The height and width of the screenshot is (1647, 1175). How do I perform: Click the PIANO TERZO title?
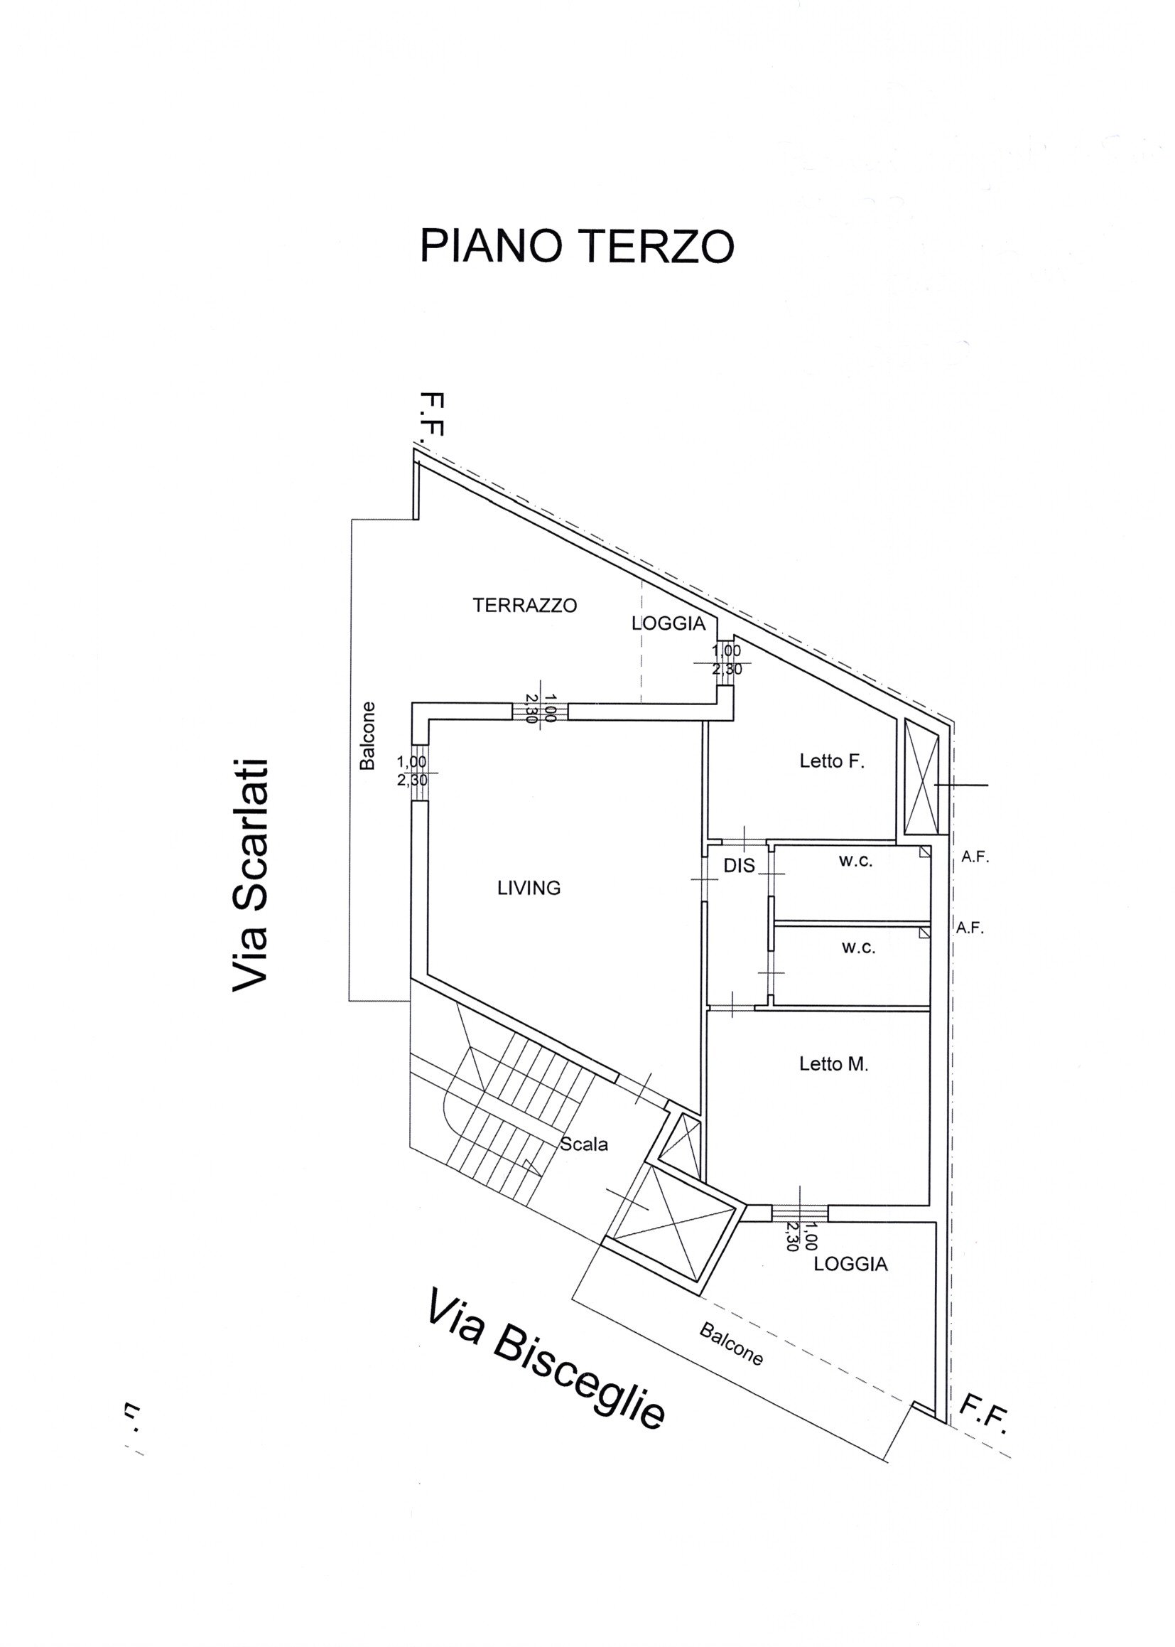point(577,246)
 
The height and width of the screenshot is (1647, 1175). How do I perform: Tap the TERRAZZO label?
point(524,605)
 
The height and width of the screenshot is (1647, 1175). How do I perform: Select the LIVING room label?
point(529,888)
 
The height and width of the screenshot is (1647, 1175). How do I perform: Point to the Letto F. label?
point(832,761)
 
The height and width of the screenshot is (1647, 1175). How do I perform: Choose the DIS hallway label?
point(739,864)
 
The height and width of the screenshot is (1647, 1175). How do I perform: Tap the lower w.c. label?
point(858,948)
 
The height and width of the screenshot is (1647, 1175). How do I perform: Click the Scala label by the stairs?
point(584,1144)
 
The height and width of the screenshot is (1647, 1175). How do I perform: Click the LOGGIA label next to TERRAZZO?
point(668,623)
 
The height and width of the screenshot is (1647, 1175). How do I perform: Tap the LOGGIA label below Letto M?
point(851,1264)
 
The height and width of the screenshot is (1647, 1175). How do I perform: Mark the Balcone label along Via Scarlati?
point(367,736)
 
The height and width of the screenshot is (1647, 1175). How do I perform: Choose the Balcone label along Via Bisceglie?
point(731,1344)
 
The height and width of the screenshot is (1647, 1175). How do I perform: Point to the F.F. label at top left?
point(431,414)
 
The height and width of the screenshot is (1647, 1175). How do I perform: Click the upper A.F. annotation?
point(975,857)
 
